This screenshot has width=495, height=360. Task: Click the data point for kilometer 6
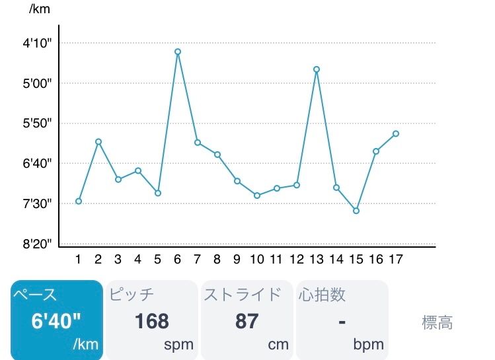178,52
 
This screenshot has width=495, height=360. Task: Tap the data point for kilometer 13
317,69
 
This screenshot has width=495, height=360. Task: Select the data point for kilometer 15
356,211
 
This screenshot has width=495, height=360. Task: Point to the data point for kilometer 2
98,141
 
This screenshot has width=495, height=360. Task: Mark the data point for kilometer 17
396,133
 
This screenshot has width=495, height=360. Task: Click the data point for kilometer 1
79,201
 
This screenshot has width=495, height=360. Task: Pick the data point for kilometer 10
257,196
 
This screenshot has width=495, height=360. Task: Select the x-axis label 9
237,260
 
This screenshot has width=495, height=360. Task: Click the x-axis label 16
376,260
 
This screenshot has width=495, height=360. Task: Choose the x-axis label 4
138,260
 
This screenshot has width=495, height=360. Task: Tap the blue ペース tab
56,320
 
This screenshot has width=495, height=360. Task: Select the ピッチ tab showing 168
151,320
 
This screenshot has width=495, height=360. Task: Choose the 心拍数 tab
341,320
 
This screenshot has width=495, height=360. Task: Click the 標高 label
438,322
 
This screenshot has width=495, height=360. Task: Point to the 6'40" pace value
56,321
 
